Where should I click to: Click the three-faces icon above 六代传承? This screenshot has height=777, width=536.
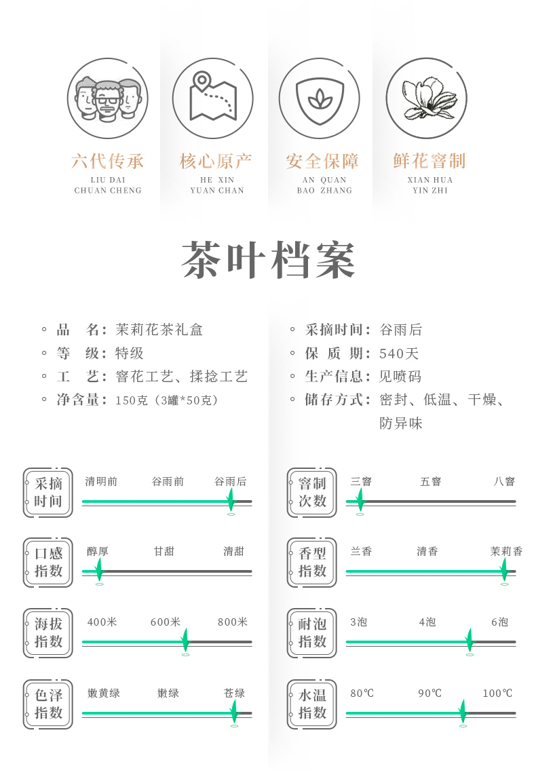point(107,98)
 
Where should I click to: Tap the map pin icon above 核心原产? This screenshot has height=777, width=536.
point(212,98)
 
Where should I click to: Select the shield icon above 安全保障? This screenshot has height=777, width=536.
point(319,98)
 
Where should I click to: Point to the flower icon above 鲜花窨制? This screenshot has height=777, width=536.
point(426,98)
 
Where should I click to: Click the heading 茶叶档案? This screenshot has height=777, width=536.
point(269,261)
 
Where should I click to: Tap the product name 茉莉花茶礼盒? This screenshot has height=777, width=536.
point(159,330)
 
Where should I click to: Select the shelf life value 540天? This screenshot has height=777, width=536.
point(399,354)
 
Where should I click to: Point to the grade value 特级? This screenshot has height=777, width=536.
point(130,354)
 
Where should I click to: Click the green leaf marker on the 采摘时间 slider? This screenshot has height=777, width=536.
point(231,501)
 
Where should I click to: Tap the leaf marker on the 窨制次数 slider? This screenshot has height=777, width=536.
point(360,501)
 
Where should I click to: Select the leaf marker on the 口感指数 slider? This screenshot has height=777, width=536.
point(99,571)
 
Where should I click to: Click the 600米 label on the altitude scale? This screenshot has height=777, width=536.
point(166,622)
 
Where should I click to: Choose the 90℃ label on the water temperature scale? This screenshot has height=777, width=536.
point(429,694)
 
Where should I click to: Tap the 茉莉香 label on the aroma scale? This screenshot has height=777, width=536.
point(506,552)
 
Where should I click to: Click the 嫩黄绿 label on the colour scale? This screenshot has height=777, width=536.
point(104,694)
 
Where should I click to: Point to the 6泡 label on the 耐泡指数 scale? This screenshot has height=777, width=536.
point(499,622)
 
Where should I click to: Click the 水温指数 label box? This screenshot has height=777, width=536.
point(311,704)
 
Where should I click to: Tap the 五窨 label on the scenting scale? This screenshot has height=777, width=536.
point(430,482)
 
